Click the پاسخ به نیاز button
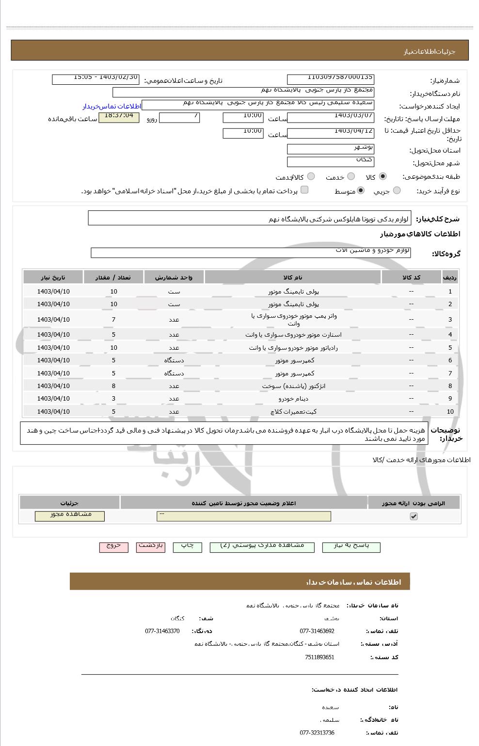tap(351, 547)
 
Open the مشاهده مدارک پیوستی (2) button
tap(262, 547)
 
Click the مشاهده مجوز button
tap(70, 516)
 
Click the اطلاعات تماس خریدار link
tap(112, 106)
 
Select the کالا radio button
tap(383, 176)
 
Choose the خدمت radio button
tap(351, 176)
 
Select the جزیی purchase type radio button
tap(397, 190)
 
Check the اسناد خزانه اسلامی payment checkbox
tap(304, 190)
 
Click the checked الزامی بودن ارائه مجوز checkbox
tap(414, 516)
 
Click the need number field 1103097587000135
tap(331, 79)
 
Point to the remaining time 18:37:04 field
tap(119, 118)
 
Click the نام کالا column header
tap(292, 277)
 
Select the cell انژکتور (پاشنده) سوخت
tap(293, 386)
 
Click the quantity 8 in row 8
tap(113, 386)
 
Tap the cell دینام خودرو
tap(293, 399)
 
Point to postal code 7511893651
tap(319, 657)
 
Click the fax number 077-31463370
tap(162, 631)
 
